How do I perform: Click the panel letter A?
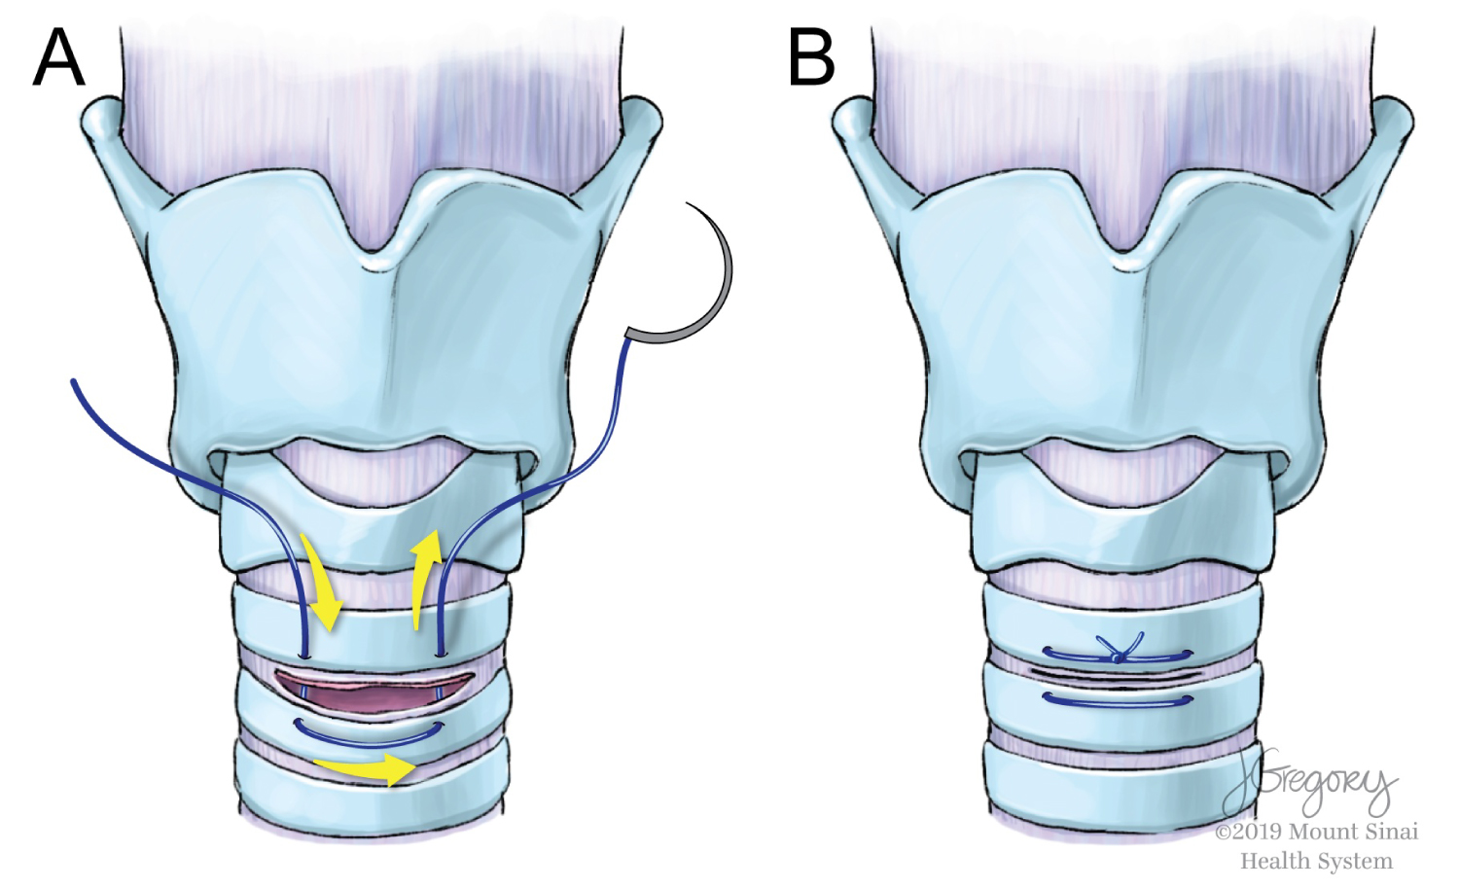58,57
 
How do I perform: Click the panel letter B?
811,57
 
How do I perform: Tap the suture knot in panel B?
1119,657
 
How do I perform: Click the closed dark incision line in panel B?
1119,674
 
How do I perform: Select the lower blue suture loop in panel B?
1119,699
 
